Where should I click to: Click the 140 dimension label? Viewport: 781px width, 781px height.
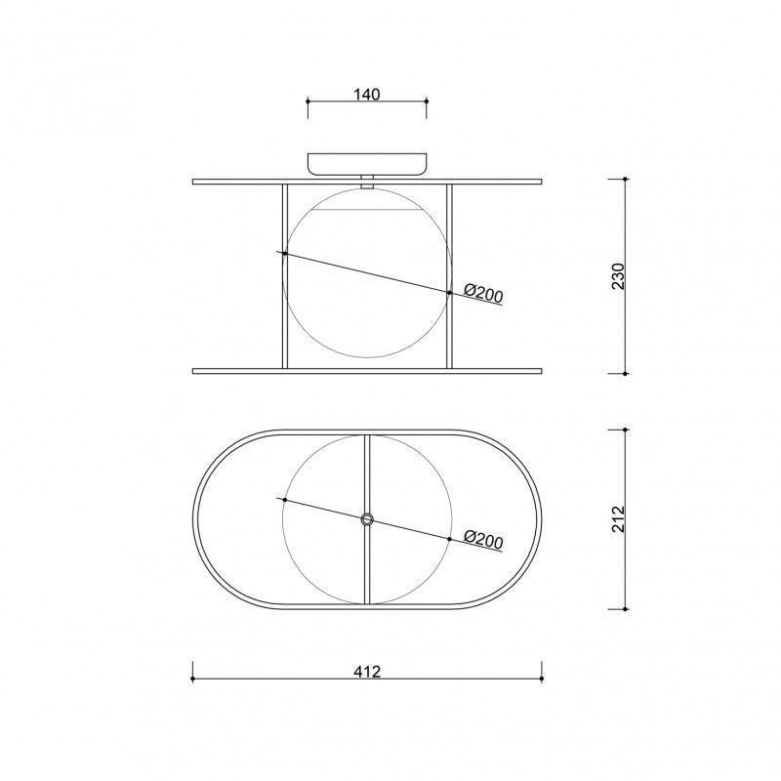coord(367,94)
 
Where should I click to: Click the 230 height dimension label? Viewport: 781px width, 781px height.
coord(618,276)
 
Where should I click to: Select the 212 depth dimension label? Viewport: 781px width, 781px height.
coord(618,519)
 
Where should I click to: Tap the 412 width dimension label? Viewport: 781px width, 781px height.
coord(367,671)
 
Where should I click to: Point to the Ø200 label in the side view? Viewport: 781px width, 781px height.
coord(483,293)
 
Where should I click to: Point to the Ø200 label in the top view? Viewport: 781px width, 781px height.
coord(483,540)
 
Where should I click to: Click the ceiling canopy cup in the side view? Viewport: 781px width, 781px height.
coord(367,164)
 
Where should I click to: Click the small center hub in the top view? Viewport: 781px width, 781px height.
coord(367,519)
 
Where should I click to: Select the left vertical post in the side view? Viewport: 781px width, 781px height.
coord(285,276)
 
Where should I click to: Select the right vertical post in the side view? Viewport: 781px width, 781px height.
coord(449,276)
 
